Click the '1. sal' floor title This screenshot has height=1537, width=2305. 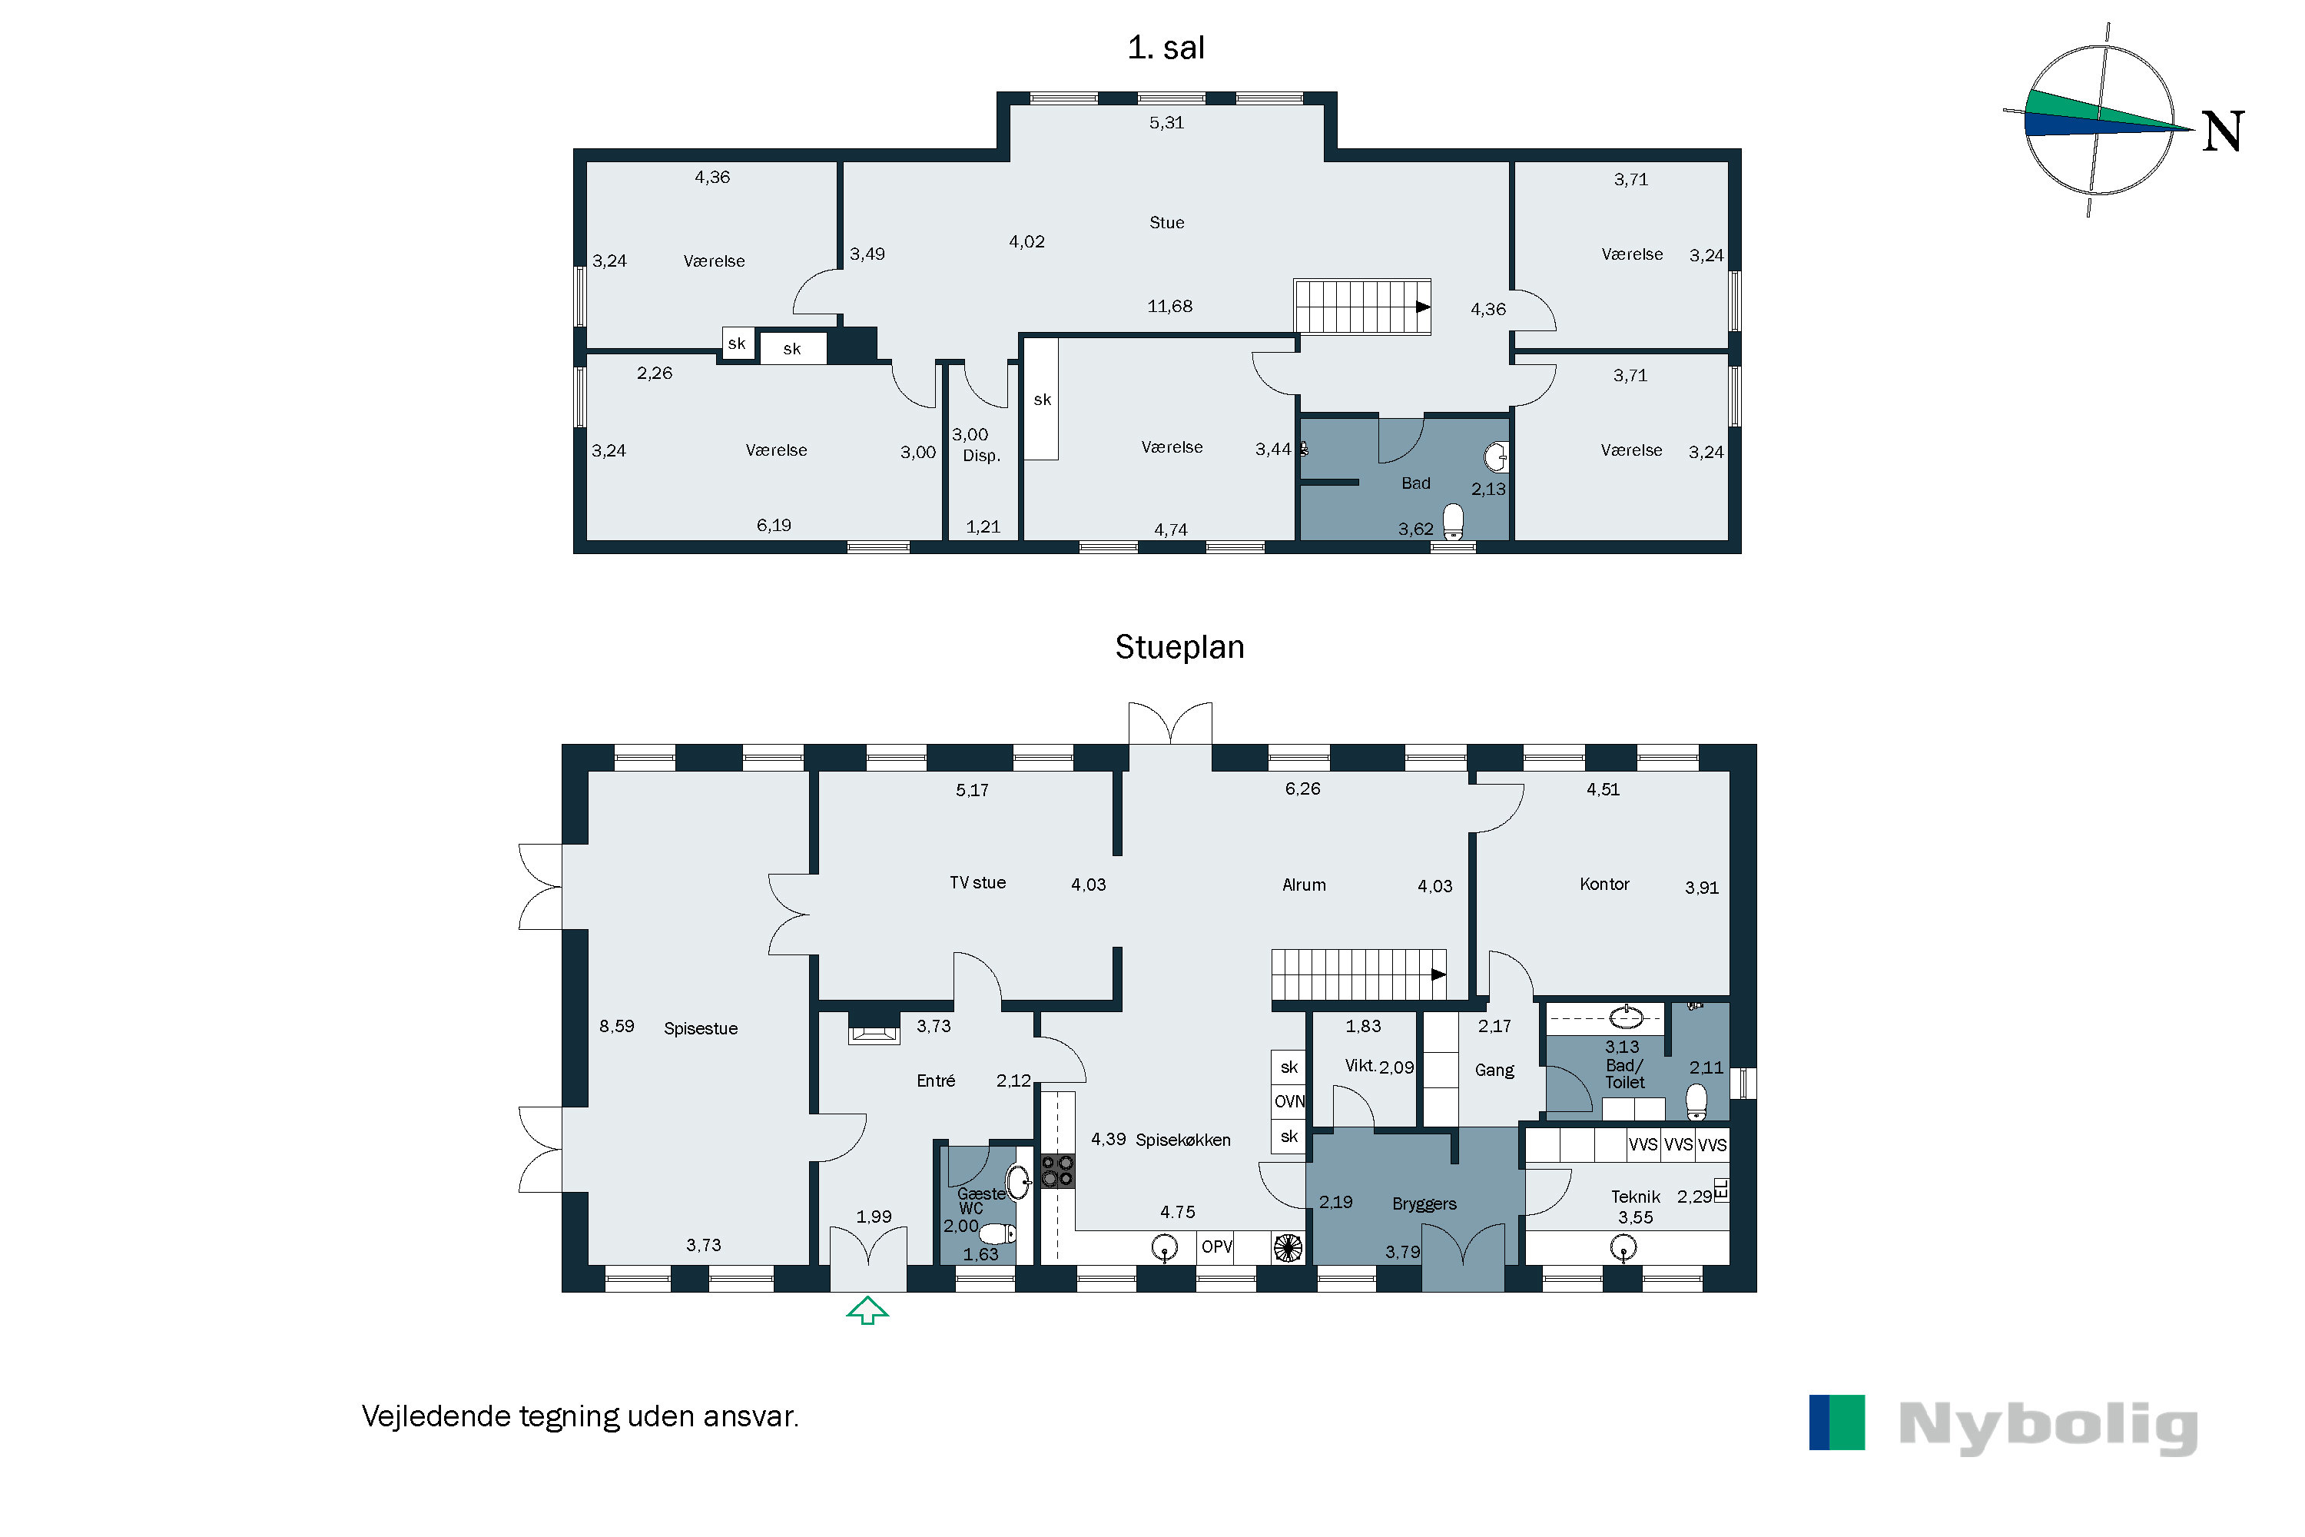click(1166, 47)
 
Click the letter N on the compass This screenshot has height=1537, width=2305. click(2222, 131)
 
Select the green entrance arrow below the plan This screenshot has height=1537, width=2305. click(867, 1310)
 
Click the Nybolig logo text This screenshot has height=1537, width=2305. click(2048, 1426)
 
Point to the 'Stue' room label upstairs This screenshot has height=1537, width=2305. click(1166, 223)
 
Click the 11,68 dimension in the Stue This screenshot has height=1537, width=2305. click(1169, 306)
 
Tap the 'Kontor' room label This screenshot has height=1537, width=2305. click(1604, 885)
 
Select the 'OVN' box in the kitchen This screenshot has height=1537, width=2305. click(1288, 1102)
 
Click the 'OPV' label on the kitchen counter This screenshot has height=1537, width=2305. click(1216, 1247)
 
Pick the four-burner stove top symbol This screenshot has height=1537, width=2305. click(1057, 1170)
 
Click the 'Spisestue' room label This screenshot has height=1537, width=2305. click(700, 1028)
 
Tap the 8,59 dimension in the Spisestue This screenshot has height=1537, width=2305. click(616, 1026)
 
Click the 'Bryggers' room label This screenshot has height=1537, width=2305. click(1423, 1203)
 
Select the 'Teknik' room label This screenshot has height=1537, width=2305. click(1635, 1197)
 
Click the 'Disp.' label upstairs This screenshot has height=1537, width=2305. click(981, 456)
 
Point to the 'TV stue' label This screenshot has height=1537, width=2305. click(977, 882)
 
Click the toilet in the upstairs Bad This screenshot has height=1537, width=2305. click(1454, 520)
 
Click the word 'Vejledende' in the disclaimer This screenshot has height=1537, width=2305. click(437, 1416)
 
